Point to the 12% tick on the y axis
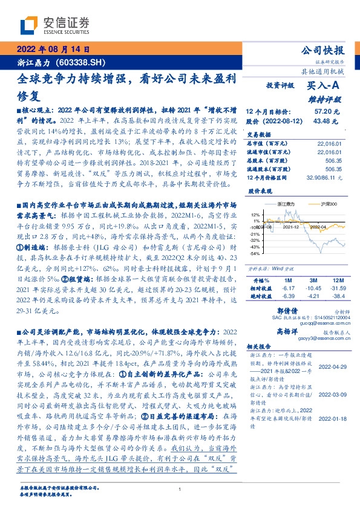tap(256, 214)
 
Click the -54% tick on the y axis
tap(255, 254)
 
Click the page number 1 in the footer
tap(180, 490)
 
